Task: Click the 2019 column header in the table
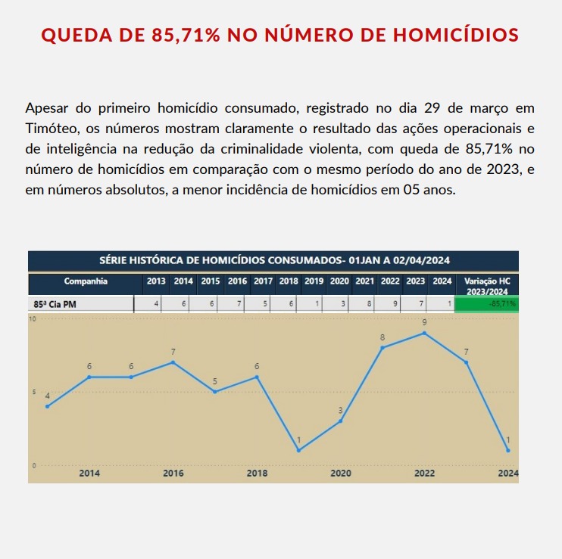click(x=314, y=281)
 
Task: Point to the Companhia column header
click(x=86, y=281)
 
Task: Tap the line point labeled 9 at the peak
click(x=424, y=333)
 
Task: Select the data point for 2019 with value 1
click(x=298, y=450)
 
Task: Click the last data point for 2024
click(x=507, y=450)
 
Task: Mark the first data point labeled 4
click(x=48, y=406)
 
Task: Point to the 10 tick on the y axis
click(x=33, y=318)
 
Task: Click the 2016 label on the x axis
click(x=173, y=474)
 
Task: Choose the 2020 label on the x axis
click(x=340, y=474)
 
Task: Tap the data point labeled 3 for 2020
click(x=341, y=421)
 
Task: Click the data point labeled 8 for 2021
click(x=382, y=347)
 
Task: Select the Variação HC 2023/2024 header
click(x=487, y=285)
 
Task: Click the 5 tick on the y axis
click(x=33, y=392)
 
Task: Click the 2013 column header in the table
click(x=156, y=281)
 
